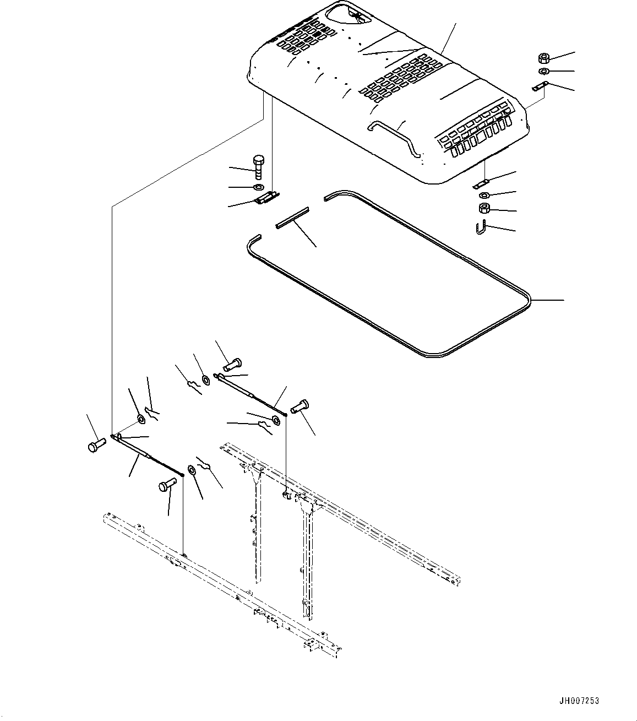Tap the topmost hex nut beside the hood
coord(542,58)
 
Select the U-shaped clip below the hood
coord(480,226)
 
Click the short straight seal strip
coord(292,217)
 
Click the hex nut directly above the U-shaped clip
coord(484,208)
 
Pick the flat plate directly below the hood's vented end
coord(482,182)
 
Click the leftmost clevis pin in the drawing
coord(95,444)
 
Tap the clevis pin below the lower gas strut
coord(167,486)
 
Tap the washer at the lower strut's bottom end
coord(192,470)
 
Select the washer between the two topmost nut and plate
coord(542,72)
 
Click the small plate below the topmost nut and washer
coord(540,86)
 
